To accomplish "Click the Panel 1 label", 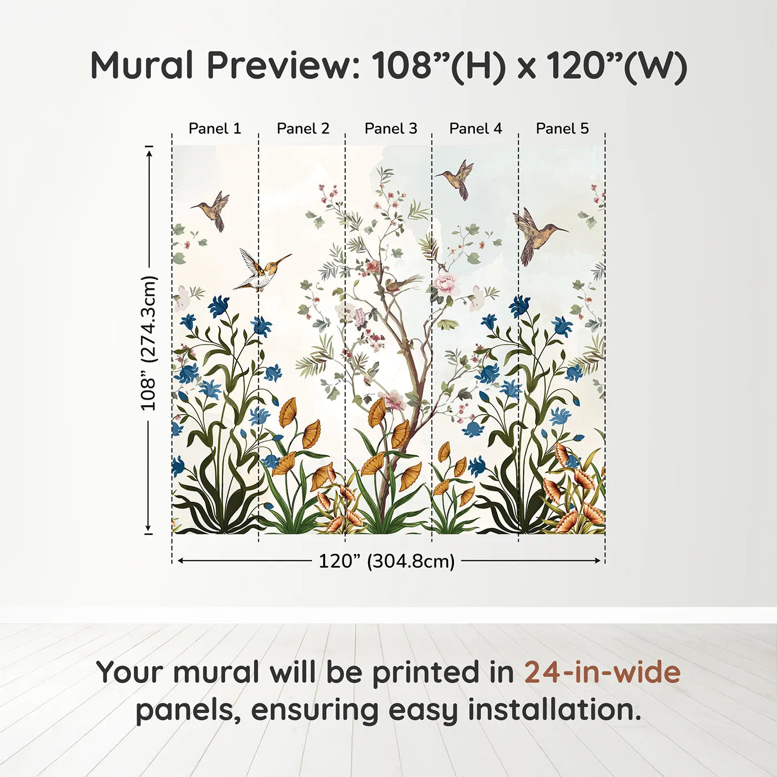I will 215,129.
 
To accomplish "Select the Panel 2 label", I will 303,129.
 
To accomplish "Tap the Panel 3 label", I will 391,129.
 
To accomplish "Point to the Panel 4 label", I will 476,129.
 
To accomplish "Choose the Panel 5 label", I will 562,129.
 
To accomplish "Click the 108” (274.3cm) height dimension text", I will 149,343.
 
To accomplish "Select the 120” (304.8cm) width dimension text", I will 386,561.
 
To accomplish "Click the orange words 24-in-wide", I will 602,673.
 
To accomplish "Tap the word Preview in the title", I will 284,65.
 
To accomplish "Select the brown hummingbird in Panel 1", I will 214,210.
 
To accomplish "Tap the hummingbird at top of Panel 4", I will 458,178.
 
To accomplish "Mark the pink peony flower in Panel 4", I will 445,284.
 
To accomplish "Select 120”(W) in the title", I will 616,65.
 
